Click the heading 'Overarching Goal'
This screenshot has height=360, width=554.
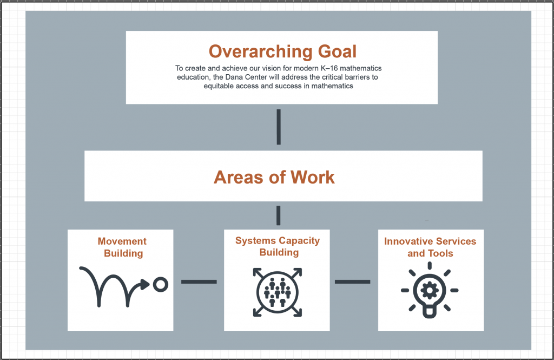click(x=282, y=51)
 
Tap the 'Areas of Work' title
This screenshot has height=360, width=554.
click(x=274, y=177)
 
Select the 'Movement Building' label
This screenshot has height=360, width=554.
click(x=123, y=247)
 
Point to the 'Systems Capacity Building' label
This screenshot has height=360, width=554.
click(x=278, y=246)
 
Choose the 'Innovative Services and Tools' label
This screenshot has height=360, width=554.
click(x=430, y=247)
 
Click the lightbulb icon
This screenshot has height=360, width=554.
click(x=430, y=290)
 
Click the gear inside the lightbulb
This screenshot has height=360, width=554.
click(x=430, y=290)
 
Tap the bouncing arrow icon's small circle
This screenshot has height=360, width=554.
click(x=161, y=284)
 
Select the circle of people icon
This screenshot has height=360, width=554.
click(x=278, y=292)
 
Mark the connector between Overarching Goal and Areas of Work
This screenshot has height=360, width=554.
click(x=279, y=127)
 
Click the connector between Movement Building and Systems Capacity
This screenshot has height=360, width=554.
click(x=199, y=282)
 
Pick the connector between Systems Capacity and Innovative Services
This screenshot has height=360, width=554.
click(x=353, y=282)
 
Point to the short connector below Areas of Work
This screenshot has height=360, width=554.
click(x=279, y=215)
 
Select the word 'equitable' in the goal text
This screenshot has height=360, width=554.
click(x=216, y=86)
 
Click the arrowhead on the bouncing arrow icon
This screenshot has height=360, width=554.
click(x=145, y=284)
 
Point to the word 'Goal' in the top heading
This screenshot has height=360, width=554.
click(x=338, y=51)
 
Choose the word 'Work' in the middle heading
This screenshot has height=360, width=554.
click(x=313, y=177)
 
